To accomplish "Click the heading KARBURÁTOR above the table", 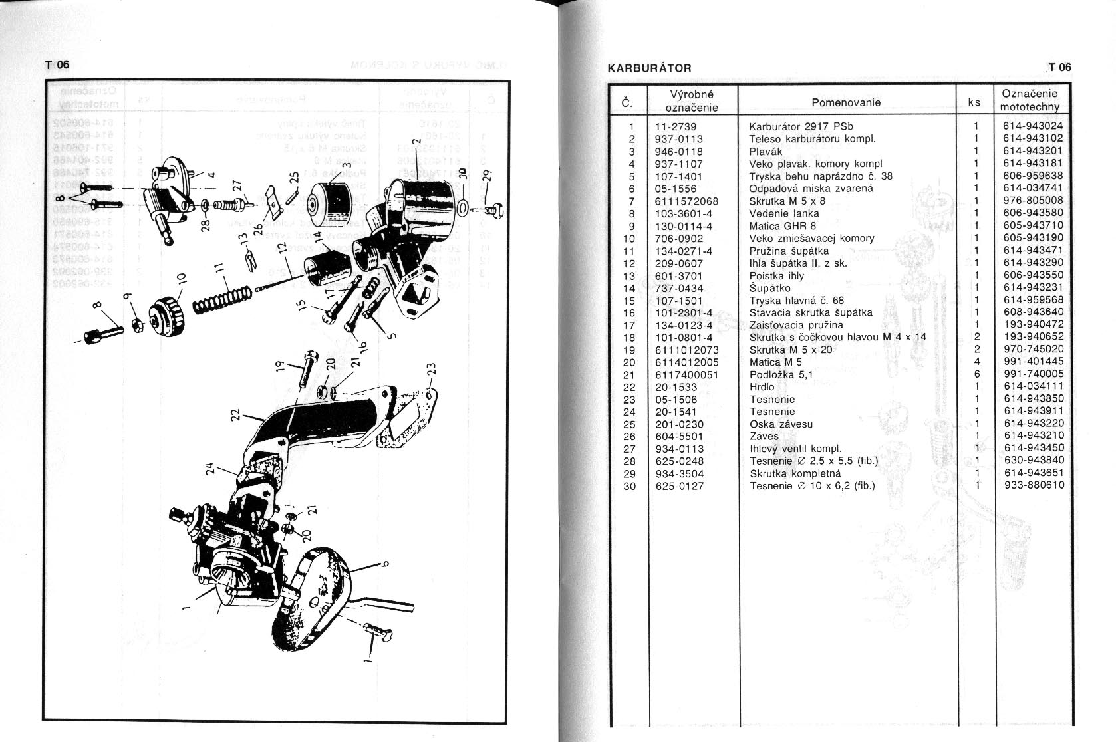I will (x=650, y=68).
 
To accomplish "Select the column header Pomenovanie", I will (x=846, y=102).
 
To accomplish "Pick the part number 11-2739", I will (x=675, y=126).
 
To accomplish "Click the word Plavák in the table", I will (x=765, y=151).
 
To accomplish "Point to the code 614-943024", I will (x=1033, y=126).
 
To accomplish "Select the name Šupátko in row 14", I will (x=769, y=288).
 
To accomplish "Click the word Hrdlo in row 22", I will (x=762, y=387).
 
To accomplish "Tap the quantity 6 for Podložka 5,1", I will (x=977, y=374).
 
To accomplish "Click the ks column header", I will (x=975, y=102).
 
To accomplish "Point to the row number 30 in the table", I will (x=629, y=486).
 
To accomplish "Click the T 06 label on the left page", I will (x=57, y=64).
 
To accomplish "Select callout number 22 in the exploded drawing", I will (x=235, y=416).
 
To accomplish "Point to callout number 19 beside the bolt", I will (x=281, y=366).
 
